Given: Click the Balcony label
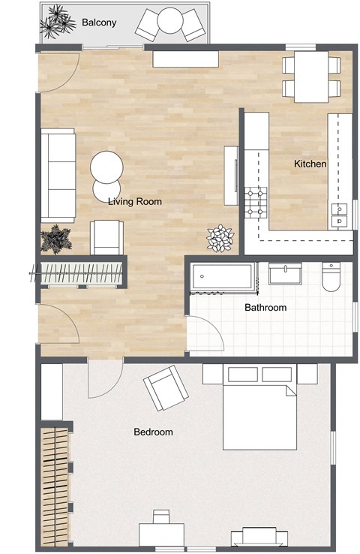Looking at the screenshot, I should (98, 23).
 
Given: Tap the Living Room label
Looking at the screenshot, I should (135, 201).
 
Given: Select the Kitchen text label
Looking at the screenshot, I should (310, 164).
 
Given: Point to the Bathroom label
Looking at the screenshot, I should (265, 308).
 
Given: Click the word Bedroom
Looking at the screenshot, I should (153, 432).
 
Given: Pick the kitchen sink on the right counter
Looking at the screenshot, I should (340, 215).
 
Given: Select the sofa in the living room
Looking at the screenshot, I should (58, 174).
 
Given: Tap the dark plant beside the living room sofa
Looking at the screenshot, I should (55, 239).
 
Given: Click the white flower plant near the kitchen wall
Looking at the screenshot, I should (220, 237).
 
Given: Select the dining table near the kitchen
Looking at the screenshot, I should (310, 76).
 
